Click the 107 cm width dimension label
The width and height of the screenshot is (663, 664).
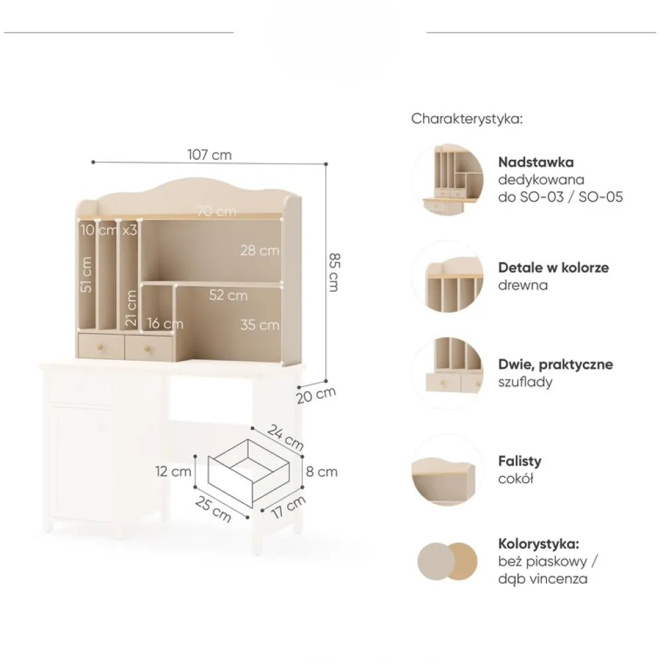[210, 155]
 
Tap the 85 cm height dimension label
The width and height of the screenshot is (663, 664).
[334, 272]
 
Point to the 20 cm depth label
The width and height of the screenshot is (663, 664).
[316, 395]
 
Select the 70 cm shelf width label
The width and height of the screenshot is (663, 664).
[217, 211]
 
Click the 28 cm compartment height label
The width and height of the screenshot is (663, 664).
[260, 250]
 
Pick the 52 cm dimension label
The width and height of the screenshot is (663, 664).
[228, 295]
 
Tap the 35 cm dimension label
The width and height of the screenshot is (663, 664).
[260, 325]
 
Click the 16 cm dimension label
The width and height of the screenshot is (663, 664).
[165, 324]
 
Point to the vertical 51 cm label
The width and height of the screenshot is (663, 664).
[86, 274]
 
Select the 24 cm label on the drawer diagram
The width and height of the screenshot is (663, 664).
[286, 438]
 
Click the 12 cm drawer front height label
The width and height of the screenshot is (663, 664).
[173, 472]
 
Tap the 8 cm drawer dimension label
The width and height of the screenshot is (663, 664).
[322, 472]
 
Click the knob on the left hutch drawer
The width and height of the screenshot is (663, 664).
[101, 347]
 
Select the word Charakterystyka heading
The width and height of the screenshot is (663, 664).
[467, 119]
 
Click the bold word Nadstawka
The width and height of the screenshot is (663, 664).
[536, 163]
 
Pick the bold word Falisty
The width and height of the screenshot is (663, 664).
[520, 461]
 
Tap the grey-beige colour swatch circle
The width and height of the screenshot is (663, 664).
[436, 562]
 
